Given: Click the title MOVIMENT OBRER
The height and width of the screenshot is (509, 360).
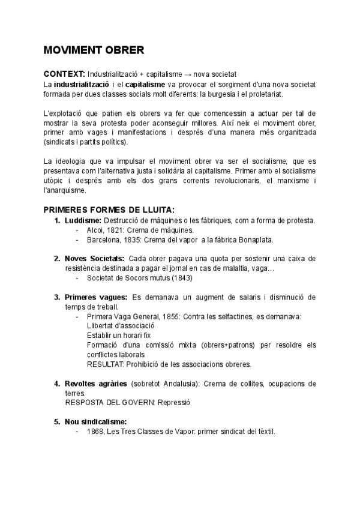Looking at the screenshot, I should [x=94, y=49].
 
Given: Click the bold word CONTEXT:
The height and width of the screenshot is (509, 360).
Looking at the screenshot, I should [x=64, y=73].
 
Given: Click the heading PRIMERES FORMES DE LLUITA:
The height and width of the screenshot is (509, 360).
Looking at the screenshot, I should [x=109, y=209].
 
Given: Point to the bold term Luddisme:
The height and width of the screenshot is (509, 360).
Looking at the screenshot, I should [x=83, y=220].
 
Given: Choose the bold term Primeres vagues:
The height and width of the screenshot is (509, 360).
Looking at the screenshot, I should [x=95, y=297].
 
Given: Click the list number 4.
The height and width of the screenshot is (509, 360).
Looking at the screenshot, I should [x=57, y=383].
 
